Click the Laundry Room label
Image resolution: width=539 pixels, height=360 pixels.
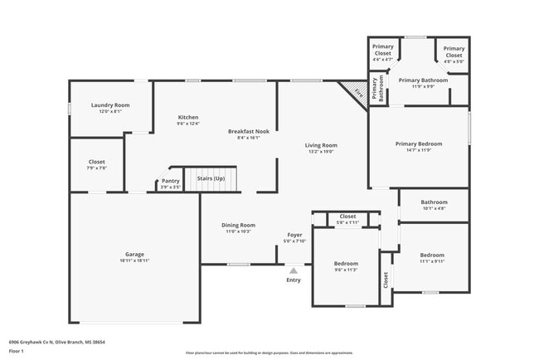click(x=110, y=105)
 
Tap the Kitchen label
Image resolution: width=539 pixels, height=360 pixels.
click(x=188, y=118)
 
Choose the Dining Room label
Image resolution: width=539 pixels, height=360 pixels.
click(x=238, y=225)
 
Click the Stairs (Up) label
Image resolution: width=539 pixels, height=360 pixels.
click(x=210, y=179)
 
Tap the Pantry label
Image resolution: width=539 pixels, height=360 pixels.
click(x=170, y=181)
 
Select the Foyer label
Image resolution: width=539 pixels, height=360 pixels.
click(x=294, y=235)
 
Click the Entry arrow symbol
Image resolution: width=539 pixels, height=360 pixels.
click(x=294, y=269)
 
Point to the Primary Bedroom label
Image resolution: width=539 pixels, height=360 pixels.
click(x=418, y=144)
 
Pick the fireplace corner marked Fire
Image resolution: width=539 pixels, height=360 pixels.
click(x=357, y=94)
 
